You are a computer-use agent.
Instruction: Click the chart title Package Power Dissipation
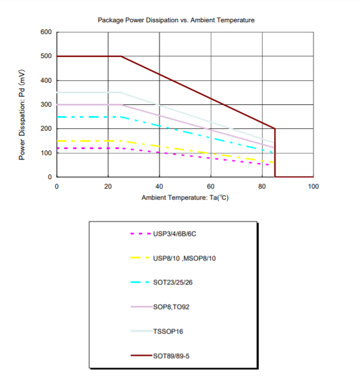coord(176,20)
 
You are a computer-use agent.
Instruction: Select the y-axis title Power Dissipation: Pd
coord(22,115)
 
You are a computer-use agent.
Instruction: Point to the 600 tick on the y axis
coord(46,32)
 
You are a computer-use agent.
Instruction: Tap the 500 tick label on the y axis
coord(46,56)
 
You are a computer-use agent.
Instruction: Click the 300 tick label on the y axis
coord(46,105)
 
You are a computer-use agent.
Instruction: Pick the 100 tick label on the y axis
coord(46,153)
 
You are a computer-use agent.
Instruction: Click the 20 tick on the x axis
coord(108,186)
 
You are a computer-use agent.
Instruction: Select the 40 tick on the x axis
coord(159,186)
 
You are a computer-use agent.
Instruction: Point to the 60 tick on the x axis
coord(211,186)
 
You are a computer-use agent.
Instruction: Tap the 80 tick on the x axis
coord(262,186)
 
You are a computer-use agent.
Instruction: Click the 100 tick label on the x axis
coord(313,186)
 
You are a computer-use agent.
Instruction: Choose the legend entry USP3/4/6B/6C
coord(174,234)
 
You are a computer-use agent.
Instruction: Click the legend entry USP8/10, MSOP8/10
coord(184,258)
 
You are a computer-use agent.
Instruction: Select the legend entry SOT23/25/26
coord(173,282)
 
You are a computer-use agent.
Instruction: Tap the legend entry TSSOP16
coord(168,331)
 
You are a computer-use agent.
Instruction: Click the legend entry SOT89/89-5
coord(171,355)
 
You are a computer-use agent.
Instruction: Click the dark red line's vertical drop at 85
coord(275,153)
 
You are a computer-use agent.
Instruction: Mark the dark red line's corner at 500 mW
coord(121,56)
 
